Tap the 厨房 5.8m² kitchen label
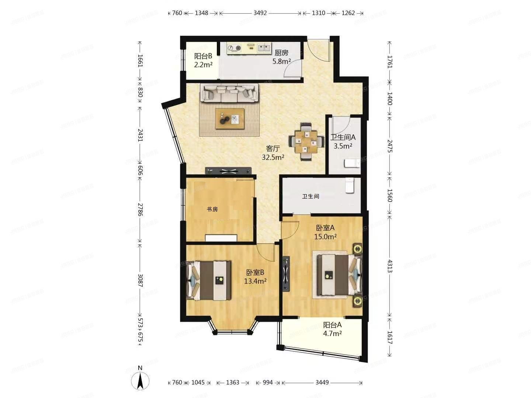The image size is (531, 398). [x=281, y=57]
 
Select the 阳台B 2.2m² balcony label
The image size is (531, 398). [x=203, y=60]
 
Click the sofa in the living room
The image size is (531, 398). [x=229, y=92]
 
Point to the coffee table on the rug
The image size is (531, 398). [x=230, y=119]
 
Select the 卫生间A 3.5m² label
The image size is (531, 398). [x=343, y=141]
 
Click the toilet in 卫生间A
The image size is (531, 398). [x=352, y=163]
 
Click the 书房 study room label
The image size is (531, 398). [x=212, y=209]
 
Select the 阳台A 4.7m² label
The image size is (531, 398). [x=332, y=329]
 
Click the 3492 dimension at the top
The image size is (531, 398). [x=260, y=13]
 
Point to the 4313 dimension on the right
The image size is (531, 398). [x=390, y=266]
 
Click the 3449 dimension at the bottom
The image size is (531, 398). [x=322, y=383]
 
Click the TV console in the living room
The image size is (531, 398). [x=228, y=171]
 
